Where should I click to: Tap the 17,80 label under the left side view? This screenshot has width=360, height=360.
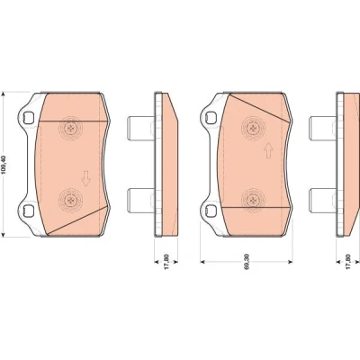[x=166, y=262]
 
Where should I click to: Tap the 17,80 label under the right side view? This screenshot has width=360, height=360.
[x=348, y=262]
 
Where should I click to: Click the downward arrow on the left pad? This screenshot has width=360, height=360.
[x=86, y=178]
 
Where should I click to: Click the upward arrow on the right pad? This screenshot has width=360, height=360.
[x=268, y=150]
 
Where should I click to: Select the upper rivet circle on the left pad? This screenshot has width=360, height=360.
[x=71, y=129]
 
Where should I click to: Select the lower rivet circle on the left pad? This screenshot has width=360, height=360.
[x=71, y=201]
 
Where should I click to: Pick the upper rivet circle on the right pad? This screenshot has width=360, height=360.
[x=254, y=129]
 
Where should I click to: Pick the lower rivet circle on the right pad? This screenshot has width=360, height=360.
[x=254, y=201]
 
